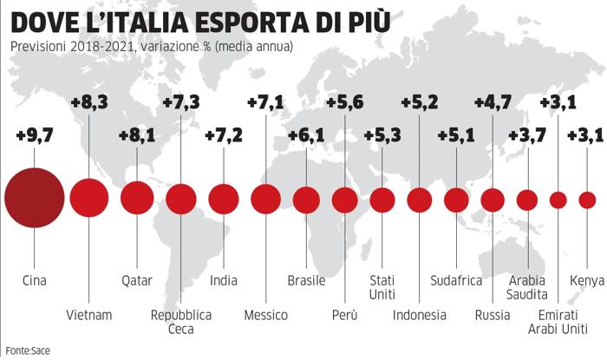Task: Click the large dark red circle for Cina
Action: pos(34,200)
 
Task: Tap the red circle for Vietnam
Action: pos(88,199)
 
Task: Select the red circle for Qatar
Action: pos(136,199)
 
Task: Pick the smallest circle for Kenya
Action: pos(587,200)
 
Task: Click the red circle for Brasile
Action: pos(306,200)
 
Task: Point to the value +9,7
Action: pos(35,136)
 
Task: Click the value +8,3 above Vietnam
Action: pos(88,102)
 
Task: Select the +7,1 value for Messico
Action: pos(265,102)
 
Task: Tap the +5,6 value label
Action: pos(345,102)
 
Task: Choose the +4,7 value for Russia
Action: pos(493,102)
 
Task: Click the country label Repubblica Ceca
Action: pos(181,322)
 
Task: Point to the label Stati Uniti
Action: pos(382,288)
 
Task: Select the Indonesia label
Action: pos(420,314)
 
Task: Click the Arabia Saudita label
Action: pos(527,288)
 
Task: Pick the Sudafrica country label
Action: pos(456,280)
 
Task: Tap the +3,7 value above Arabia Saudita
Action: pos(527,136)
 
